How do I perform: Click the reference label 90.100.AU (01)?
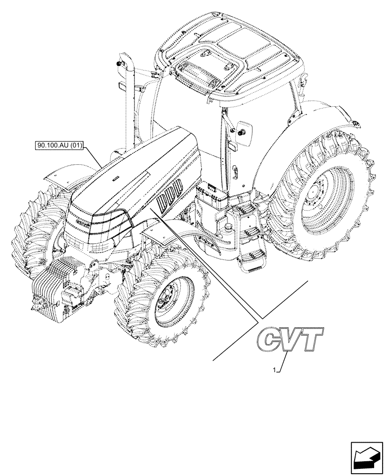point(59,146)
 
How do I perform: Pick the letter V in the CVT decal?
point(291,338)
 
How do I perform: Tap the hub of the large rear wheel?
point(316,194)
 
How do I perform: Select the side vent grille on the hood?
point(170,195)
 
